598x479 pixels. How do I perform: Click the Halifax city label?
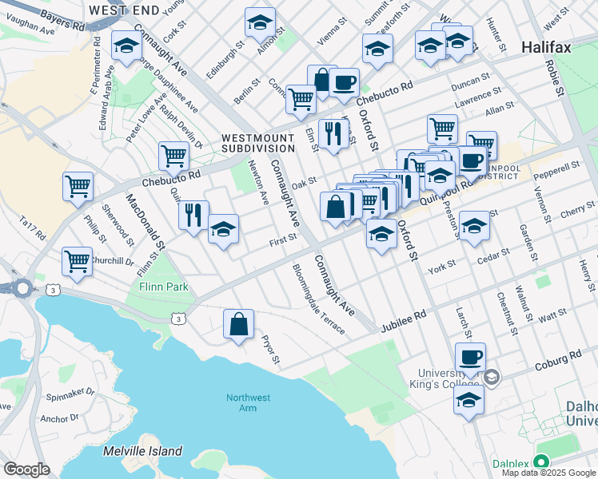coord(546,47)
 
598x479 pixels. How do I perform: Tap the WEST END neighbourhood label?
coord(124,10)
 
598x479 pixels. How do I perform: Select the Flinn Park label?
coord(163,287)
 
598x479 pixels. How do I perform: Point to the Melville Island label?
coord(143,451)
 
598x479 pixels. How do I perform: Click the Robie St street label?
coord(556,76)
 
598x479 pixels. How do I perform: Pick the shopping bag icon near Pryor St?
coord(238,324)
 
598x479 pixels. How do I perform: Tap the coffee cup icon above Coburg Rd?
coord(470,357)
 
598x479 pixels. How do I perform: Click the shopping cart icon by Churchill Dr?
coord(78,260)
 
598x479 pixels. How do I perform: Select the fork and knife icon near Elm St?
coord(331,133)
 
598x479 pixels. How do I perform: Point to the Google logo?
coord(26,469)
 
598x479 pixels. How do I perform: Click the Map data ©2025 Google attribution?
coord(548,473)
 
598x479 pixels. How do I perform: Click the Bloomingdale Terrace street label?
coord(318,299)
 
